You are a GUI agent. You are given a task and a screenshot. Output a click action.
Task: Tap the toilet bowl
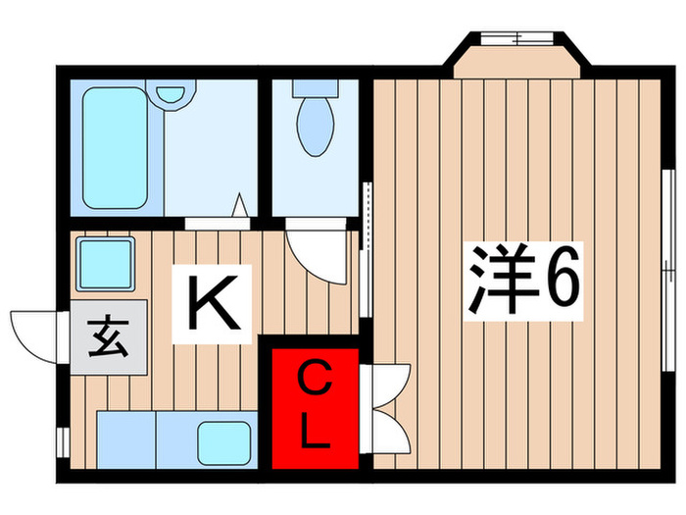[314, 131]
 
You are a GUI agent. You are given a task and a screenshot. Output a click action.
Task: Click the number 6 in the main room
[562, 281]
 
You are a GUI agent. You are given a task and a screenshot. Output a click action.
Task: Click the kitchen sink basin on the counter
[225, 442]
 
